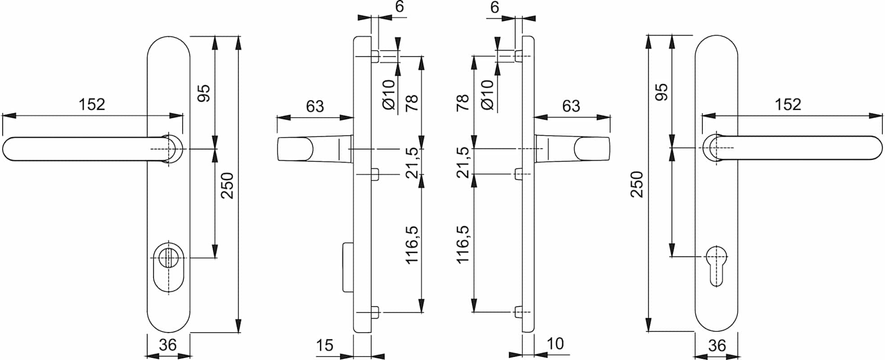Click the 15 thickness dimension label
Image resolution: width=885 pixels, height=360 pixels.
324,345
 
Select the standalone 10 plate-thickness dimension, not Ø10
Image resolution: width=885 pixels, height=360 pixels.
555,344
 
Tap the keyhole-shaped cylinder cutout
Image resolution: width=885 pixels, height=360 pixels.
715,266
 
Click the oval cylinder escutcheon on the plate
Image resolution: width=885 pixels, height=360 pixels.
169,267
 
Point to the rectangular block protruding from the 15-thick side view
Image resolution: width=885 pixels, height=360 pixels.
348,267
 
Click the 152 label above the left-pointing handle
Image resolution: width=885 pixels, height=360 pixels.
92,104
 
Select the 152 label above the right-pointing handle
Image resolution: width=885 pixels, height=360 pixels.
788,104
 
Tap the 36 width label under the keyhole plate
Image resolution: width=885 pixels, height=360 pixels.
717,346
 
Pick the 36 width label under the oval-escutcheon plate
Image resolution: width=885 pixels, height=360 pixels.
168,345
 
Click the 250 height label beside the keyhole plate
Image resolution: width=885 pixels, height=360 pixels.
637,184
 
